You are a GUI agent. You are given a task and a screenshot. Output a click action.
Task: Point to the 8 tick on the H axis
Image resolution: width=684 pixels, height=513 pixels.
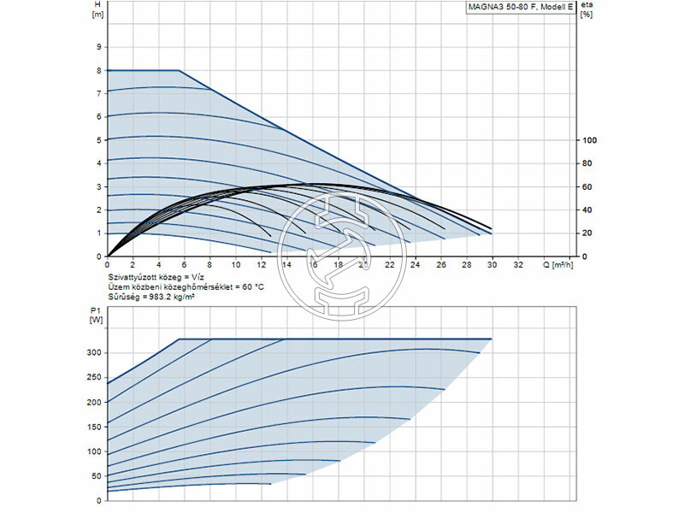click(x=99, y=70)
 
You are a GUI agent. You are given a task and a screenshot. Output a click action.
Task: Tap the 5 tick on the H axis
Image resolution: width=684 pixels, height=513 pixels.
click(x=99, y=140)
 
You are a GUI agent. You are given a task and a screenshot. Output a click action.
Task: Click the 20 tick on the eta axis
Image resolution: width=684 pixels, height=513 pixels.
click(x=587, y=233)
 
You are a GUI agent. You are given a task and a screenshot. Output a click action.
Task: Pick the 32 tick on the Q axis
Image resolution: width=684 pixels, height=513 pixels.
click(x=518, y=265)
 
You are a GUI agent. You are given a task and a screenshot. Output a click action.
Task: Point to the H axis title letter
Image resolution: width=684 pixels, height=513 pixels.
click(x=96, y=4)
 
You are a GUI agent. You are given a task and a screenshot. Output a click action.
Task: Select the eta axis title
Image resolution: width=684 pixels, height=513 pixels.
click(x=587, y=4)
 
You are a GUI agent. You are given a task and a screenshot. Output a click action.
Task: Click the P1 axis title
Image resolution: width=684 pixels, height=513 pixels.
click(x=95, y=311)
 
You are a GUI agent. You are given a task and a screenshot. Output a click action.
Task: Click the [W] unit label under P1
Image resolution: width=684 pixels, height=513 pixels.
click(x=95, y=321)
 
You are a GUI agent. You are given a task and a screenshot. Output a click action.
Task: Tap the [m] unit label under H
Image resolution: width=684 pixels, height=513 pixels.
click(x=96, y=15)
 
